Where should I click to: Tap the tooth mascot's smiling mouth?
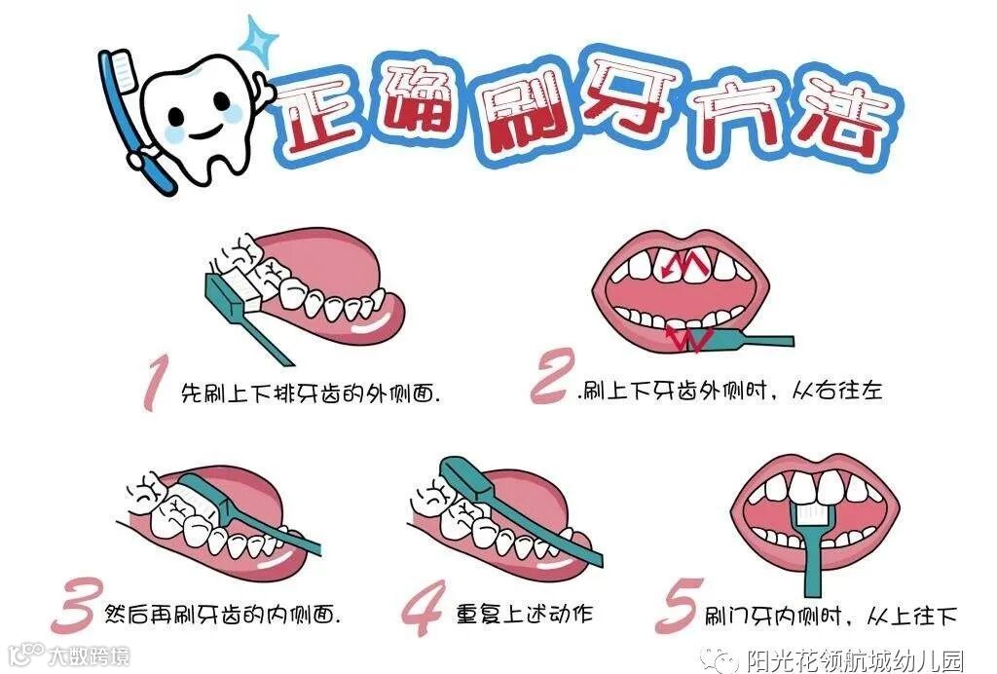(x=204, y=131)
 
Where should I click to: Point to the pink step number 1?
(x=156, y=382)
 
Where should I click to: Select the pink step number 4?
(x=423, y=608)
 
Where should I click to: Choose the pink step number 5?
(x=679, y=606)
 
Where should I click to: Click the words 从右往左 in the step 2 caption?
(x=837, y=390)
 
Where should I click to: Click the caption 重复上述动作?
(x=525, y=615)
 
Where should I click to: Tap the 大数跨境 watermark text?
(x=90, y=655)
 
